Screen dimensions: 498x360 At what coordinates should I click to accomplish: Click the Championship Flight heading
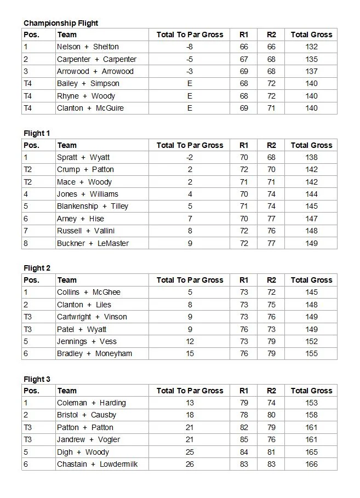pos(61,23)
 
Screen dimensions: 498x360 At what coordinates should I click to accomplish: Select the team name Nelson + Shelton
pos(88,47)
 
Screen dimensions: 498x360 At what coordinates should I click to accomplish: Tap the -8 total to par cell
pos(190,47)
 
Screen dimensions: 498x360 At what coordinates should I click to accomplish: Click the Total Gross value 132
pos(311,47)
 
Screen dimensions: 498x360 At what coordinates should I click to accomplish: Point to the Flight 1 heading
pos(37,133)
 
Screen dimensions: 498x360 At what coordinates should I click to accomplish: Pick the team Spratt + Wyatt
pos(83,158)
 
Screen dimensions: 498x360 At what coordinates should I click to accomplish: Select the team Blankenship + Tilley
pos(92,207)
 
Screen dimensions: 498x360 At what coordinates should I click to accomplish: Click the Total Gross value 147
pos(311,219)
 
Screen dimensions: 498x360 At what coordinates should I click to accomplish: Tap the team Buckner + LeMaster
pos(93,243)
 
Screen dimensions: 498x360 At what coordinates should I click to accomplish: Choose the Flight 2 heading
pos(37,268)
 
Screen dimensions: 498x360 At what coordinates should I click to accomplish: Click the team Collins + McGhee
pos(88,293)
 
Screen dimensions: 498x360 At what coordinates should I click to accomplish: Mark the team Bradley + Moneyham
pos(94,354)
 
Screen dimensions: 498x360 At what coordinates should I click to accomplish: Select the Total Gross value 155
pos(311,354)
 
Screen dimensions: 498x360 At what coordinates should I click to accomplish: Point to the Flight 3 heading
pos(37,379)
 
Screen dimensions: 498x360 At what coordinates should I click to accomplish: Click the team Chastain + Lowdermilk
pos(97,465)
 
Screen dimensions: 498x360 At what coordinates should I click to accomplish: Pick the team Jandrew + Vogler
pos(88,440)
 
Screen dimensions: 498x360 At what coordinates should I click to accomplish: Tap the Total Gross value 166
pos(311,465)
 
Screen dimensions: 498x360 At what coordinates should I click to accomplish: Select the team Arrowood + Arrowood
pos(95,72)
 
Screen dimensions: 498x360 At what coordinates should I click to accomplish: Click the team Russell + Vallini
pos(85,231)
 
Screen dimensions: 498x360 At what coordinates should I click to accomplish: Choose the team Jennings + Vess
pos(87,342)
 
